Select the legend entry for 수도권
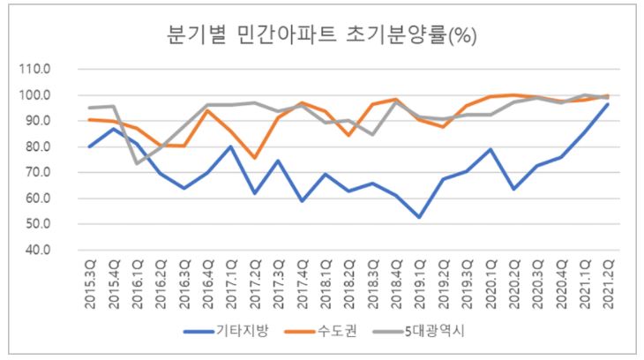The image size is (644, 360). coord(339,333)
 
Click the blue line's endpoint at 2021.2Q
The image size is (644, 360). coord(607,104)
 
